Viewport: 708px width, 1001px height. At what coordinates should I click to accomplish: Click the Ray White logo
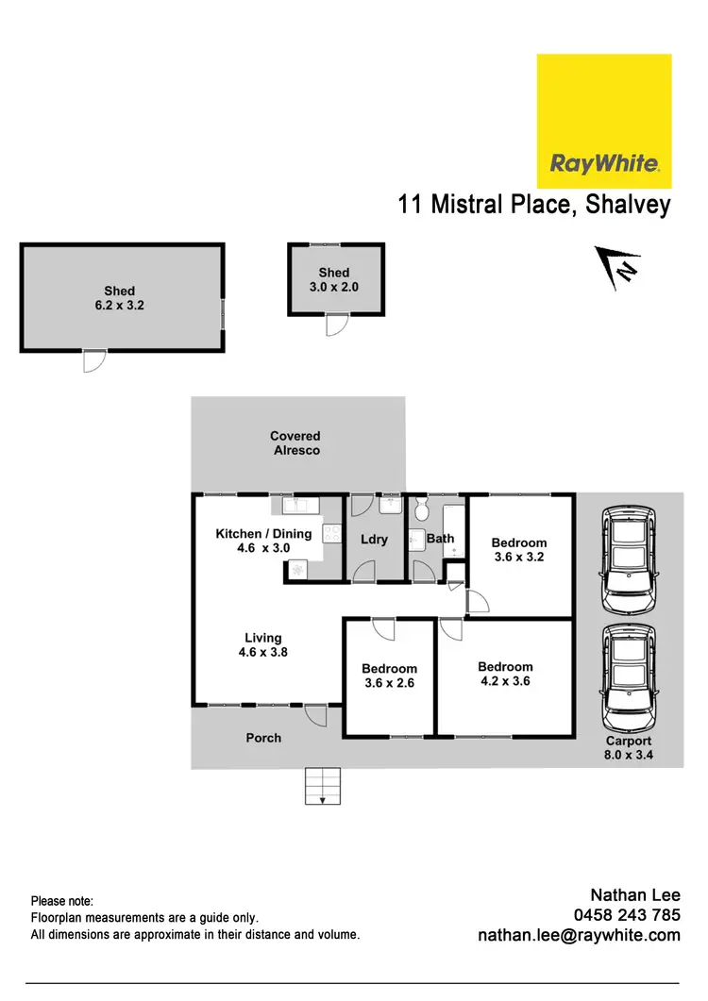(x=604, y=121)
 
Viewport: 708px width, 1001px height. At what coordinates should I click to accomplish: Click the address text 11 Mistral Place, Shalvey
(x=534, y=205)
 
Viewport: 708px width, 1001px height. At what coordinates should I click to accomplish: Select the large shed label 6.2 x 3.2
(x=119, y=298)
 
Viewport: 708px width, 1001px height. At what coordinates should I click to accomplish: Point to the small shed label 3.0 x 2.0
(x=334, y=280)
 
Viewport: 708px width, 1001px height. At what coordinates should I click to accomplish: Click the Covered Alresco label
(x=295, y=443)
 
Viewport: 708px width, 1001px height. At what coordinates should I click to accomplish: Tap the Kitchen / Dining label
(x=263, y=541)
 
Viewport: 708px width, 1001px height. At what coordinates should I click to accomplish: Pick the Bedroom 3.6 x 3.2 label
(x=519, y=550)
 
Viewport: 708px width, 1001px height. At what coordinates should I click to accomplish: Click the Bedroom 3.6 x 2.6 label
(x=389, y=676)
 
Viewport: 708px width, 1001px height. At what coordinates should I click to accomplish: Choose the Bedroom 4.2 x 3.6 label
(x=505, y=673)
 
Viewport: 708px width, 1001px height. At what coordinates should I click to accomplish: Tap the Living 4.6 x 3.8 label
(x=262, y=644)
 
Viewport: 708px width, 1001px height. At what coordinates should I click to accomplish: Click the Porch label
(x=263, y=738)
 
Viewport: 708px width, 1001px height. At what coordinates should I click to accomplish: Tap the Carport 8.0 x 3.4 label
(x=629, y=748)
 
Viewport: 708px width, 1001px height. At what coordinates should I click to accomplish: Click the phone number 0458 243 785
(x=627, y=915)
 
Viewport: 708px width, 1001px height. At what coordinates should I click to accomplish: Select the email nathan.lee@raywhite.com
(x=580, y=936)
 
